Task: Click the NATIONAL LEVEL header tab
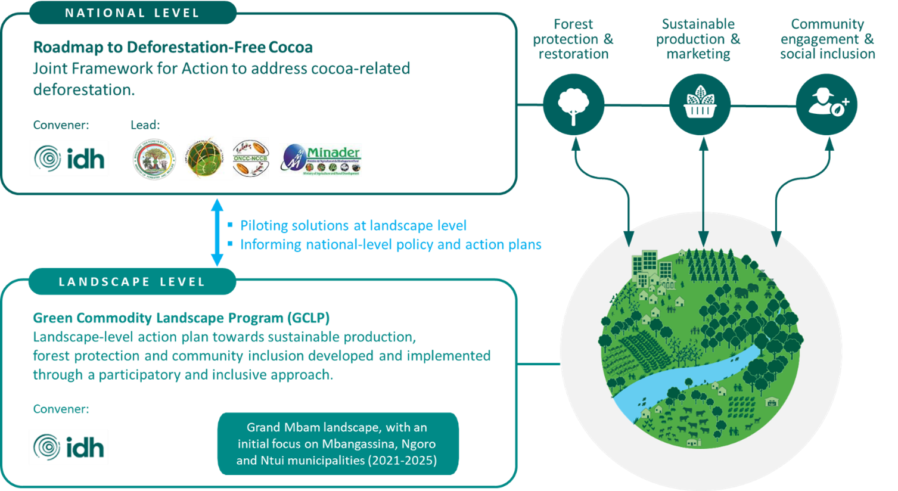(132, 13)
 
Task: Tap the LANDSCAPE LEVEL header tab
(132, 282)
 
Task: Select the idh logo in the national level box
(69, 159)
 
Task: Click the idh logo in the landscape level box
(69, 448)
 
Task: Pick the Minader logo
(321, 160)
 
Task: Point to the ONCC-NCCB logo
(251, 158)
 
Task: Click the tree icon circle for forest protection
(573, 105)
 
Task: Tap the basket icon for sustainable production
(700, 105)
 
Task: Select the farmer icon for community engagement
(826, 105)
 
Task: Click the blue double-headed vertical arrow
(217, 232)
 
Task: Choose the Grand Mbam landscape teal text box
(337, 444)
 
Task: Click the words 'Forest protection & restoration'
(573, 39)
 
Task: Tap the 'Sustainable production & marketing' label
(698, 39)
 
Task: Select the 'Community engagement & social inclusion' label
(827, 39)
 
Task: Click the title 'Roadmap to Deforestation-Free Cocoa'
(173, 47)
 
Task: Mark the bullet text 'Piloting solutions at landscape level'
(353, 226)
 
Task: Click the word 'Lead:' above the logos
(145, 125)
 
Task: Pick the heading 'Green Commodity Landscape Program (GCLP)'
(181, 318)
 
